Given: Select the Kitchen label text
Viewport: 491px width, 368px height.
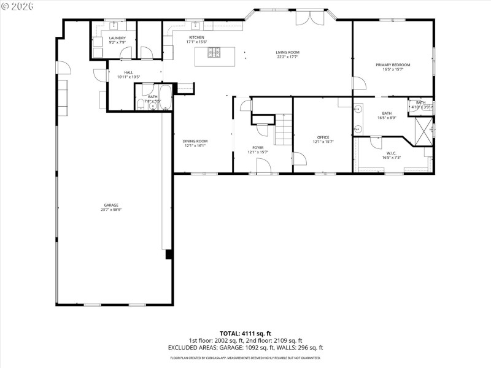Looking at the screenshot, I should (196, 37).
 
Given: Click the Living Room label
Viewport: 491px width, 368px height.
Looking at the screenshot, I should (287, 53).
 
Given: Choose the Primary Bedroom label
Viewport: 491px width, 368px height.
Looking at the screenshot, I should (393, 64).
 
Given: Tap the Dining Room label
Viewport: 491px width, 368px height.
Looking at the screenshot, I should (195, 141).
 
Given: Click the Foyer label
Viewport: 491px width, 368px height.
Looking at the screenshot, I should (258, 148).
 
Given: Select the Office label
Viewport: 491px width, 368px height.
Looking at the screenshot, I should (323, 137).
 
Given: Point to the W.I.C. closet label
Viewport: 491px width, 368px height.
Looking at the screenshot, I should (392, 153).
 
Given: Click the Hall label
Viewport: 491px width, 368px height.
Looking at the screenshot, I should (128, 72).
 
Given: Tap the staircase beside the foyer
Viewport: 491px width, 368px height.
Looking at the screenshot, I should (283, 130).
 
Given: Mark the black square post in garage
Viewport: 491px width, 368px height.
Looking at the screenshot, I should (168, 255).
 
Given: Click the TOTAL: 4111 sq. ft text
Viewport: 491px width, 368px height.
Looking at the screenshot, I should (245, 332).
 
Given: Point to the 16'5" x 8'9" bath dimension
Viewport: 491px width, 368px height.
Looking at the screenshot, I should (387, 117).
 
